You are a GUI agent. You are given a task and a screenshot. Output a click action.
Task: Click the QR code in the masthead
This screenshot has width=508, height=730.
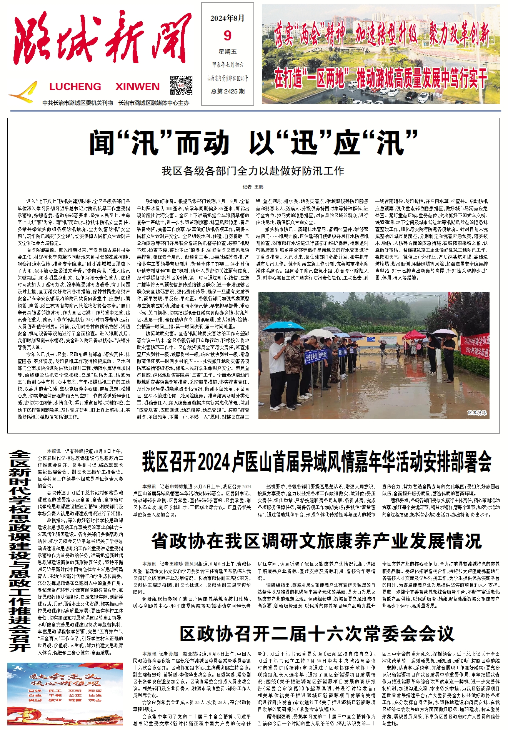pyautogui.click(x=181, y=85)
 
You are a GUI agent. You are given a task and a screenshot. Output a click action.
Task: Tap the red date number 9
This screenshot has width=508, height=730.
pyautogui.click(x=227, y=36)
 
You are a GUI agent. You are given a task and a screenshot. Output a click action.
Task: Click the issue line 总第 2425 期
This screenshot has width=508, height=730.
pyautogui.click(x=228, y=91)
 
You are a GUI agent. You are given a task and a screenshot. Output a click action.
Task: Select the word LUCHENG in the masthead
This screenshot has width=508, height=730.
pyautogui.click(x=75, y=87)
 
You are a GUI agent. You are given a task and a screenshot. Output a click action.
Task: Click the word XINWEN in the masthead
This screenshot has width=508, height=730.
pyautogui.click(x=137, y=87)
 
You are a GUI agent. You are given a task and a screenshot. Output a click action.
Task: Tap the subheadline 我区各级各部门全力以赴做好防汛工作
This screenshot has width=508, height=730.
pyautogui.click(x=253, y=171)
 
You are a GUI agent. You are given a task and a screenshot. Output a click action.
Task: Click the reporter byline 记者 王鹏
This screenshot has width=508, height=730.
pyautogui.click(x=253, y=187)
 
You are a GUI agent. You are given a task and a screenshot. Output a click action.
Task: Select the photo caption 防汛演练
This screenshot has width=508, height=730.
pyautogui.click(x=477, y=413)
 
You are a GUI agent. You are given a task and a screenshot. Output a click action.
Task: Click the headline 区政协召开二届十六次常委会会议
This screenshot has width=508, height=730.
pyautogui.click(x=317, y=633)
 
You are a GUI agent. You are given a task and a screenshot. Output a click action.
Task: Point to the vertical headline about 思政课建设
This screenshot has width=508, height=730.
pyautogui.click(x=20, y=550)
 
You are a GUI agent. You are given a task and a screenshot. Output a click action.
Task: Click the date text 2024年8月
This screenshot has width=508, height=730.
pyautogui.click(x=227, y=18)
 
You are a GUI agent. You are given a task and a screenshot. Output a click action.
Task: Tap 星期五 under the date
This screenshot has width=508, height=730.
pyautogui.click(x=228, y=52)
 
